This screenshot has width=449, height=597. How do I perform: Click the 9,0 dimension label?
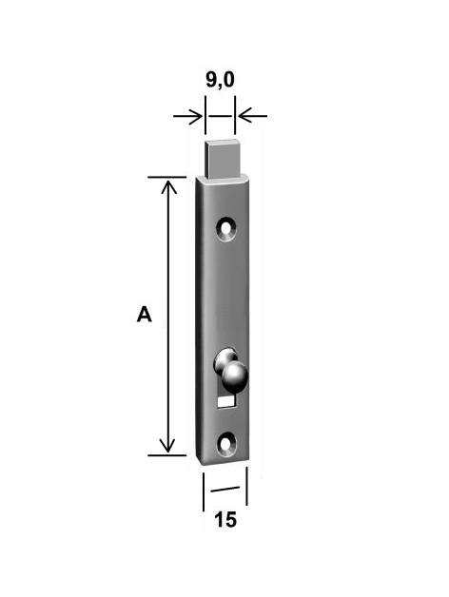click(x=220, y=81)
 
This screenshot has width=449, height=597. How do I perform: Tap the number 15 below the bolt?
click(x=225, y=519)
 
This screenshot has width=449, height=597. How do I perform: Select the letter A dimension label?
click(x=144, y=315)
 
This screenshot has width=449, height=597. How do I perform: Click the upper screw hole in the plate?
click(x=226, y=229)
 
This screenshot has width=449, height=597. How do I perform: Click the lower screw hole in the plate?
click(x=226, y=444)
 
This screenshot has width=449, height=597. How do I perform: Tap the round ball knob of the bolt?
click(x=235, y=377)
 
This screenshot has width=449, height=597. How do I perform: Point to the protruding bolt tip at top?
click(x=224, y=160)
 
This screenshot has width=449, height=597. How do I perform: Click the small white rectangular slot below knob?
click(x=225, y=401)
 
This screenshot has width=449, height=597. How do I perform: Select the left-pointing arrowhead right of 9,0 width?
click(x=244, y=116)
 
